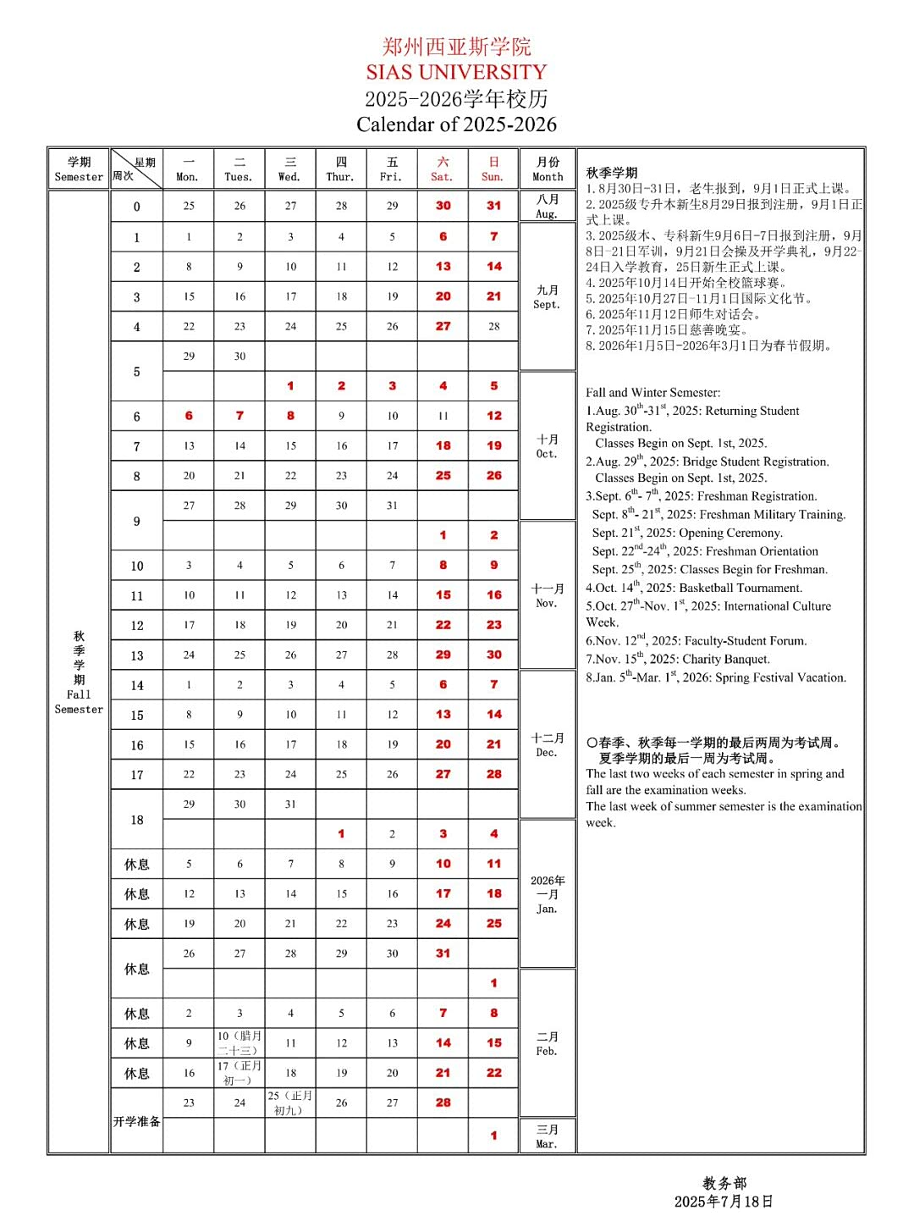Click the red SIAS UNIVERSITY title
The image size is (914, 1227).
(x=456, y=72)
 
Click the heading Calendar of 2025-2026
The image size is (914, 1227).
(x=456, y=124)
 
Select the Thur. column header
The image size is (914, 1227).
(x=341, y=169)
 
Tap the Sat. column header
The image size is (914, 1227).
(x=442, y=169)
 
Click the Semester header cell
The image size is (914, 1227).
(x=79, y=169)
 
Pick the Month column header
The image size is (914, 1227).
(x=548, y=169)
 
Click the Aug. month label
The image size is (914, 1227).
(x=548, y=207)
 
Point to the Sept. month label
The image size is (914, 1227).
(x=547, y=297)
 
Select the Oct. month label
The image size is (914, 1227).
(x=547, y=446)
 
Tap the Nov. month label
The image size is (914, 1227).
(x=547, y=595)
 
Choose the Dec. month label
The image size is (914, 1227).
(x=547, y=744)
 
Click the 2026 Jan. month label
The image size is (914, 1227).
(x=547, y=894)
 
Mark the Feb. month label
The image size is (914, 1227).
(x=547, y=1043)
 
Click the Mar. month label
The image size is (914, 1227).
(x=547, y=1136)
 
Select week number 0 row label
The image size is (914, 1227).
(x=137, y=207)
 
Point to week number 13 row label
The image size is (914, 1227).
(x=137, y=655)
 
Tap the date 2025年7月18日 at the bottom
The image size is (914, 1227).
(x=724, y=1202)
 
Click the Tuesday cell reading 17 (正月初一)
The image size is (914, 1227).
(x=240, y=1073)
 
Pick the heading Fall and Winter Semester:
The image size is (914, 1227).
(x=653, y=393)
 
